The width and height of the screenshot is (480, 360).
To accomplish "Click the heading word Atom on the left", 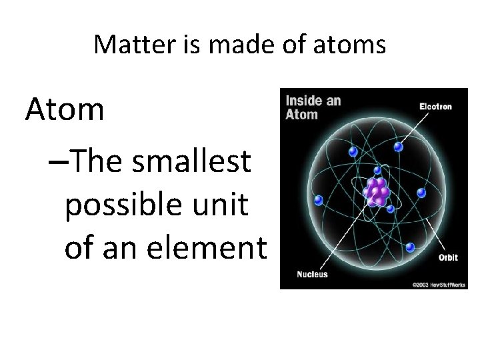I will coord(65,109).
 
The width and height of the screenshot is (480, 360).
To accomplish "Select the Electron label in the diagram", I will coord(435,106).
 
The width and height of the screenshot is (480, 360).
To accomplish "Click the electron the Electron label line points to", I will coord(398,147).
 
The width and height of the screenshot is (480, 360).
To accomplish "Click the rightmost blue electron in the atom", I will coord(421,193).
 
